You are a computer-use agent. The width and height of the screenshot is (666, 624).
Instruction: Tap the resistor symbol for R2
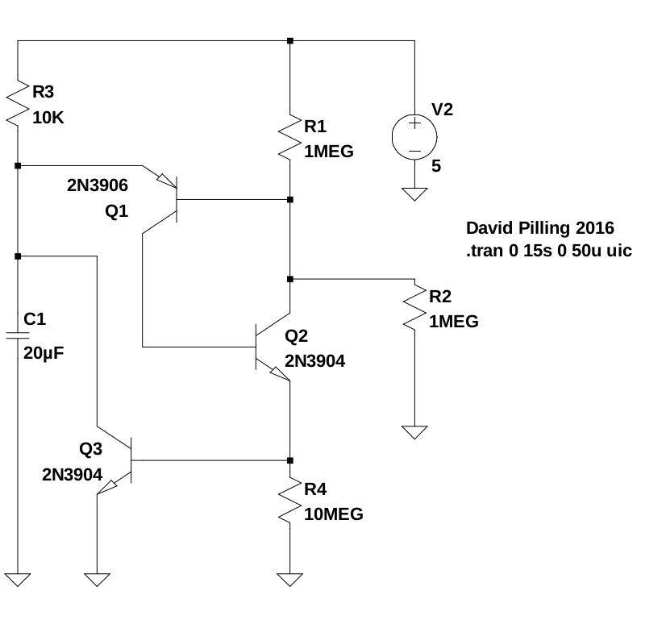click(x=414, y=308)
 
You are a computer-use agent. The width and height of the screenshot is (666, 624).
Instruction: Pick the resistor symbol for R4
click(x=290, y=501)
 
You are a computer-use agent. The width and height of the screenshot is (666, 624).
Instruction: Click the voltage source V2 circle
click(x=414, y=135)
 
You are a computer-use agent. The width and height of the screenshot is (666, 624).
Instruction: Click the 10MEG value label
click(x=334, y=514)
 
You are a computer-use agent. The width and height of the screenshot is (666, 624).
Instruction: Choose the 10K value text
click(x=48, y=118)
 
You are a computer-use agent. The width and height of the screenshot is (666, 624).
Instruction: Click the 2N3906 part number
click(x=97, y=185)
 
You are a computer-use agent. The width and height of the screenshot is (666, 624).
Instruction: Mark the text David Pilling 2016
click(x=540, y=228)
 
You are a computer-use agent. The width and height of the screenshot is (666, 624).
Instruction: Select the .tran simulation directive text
click(x=548, y=251)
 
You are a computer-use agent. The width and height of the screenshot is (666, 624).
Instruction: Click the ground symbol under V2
click(x=414, y=194)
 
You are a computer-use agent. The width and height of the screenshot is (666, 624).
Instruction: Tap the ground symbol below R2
click(x=414, y=432)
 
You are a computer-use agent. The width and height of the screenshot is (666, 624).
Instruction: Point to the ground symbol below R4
click(x=290, y=579)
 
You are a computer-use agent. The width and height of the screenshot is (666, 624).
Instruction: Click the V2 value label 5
click(x=436, y=168)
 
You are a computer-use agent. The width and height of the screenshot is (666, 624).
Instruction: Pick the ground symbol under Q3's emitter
click(x=97, y=579)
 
